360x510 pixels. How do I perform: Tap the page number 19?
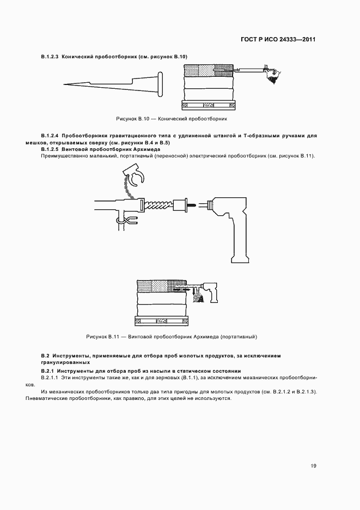pyautogui.click(x=314, y=465)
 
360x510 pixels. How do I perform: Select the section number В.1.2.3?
pyautogui.click(x=50, y=57)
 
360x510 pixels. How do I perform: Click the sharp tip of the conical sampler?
pyautogui.click(x=65, y=84)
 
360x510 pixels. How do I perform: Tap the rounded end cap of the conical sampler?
pyautogui.click(x=161, y=83)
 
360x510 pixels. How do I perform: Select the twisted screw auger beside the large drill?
pyautogui.click(x=158, y=205)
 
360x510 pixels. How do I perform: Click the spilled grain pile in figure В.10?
pyautogui.click(x=272, y=76)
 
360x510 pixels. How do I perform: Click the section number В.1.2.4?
pyautogui.click(x=50, y=135)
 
